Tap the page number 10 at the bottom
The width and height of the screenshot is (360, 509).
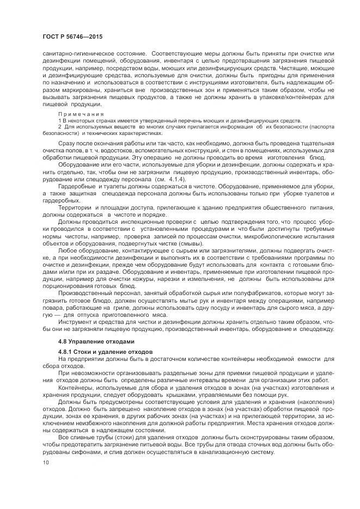[46, 462]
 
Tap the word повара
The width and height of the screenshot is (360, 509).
[53, 308]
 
